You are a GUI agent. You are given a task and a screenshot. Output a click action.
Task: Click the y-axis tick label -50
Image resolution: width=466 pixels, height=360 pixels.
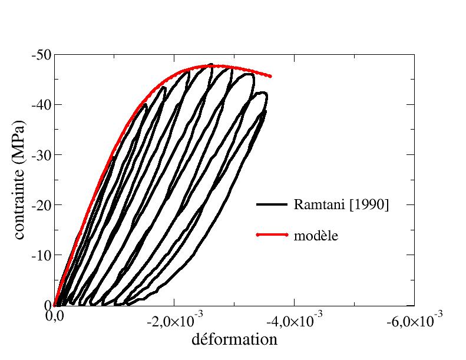click(x=42, y=55)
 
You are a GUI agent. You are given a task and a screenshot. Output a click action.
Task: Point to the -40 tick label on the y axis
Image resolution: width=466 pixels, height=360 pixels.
click(x=42, y=105)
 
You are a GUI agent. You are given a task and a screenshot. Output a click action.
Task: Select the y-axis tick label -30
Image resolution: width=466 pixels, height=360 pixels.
click(x=42, y=155)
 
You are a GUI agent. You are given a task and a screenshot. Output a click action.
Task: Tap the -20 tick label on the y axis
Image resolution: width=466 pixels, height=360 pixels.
click(x=42, y=205)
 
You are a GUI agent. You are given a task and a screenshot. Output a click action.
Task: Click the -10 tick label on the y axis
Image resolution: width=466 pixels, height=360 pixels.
click(x=42, y=255)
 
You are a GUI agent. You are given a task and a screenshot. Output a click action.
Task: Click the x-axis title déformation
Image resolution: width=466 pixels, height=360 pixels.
click(x=234, y=340)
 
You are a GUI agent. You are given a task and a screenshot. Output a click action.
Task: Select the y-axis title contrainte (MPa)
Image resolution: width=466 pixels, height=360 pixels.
click(x=19, y=180)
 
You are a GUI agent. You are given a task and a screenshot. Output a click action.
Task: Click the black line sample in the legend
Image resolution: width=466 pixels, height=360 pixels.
click(x=272, y=204)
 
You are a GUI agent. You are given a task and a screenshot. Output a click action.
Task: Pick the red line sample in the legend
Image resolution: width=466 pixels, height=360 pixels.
click(x=272, y=235)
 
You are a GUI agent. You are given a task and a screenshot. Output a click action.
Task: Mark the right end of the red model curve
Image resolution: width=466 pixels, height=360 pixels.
click(x=270, y=76)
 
